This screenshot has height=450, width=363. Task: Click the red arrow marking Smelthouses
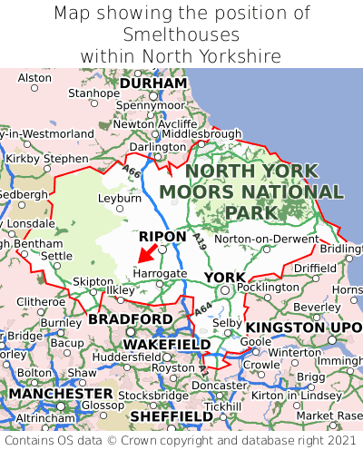145,253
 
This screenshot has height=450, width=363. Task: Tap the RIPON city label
162,237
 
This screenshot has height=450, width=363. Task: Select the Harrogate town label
160,273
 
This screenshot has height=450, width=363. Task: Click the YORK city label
224,277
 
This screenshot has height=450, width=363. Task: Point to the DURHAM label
152,83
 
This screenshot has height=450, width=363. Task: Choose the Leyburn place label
120,197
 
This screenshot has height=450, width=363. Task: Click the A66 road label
132,173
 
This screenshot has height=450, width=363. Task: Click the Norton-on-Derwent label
264,239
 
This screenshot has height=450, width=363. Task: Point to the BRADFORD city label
130,320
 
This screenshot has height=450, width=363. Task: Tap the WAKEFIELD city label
166,345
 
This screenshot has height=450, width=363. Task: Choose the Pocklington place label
267,288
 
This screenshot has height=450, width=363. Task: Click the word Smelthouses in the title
181,34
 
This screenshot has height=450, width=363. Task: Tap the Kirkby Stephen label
47,159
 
